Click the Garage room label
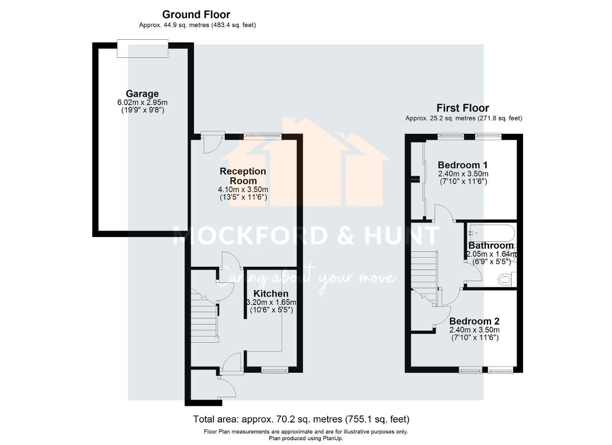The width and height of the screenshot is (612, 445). coord(142,94)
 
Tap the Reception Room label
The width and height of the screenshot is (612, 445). coord(243,176)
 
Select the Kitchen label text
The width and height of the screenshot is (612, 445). coord(271,293)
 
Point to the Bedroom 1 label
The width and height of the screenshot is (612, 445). coord(462,165)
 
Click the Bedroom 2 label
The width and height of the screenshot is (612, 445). coord(474,321)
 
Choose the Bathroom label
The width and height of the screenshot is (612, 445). coord(491,246)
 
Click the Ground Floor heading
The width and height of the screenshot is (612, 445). coord(196,14)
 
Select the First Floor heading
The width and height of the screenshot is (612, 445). coord(462,108)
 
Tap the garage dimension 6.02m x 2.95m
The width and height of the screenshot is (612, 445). coord(142,102)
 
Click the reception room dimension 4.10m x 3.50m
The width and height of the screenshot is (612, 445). coord(243,190)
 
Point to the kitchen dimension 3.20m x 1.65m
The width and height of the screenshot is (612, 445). coord(271,302)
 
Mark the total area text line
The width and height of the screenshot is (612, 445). coord(301,419)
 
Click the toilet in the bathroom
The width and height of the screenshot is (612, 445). coord(504,279)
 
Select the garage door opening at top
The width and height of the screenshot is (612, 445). coord(142,49)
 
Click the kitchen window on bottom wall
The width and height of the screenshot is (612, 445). coord(274,369)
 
